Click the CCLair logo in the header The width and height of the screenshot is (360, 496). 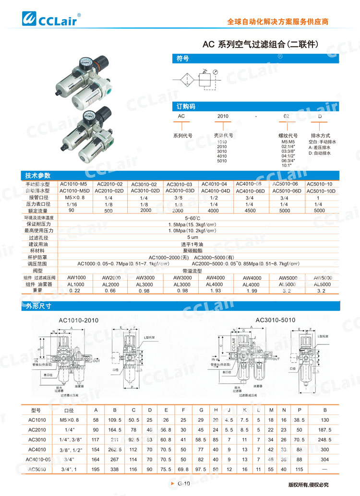pos(51,19)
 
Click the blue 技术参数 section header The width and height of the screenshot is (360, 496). pos(38,176)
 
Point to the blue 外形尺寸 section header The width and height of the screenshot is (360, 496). pos(38,306)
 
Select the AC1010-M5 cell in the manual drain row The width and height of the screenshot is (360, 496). pos(73,184)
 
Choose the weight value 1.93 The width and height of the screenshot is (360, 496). pos(214,291)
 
